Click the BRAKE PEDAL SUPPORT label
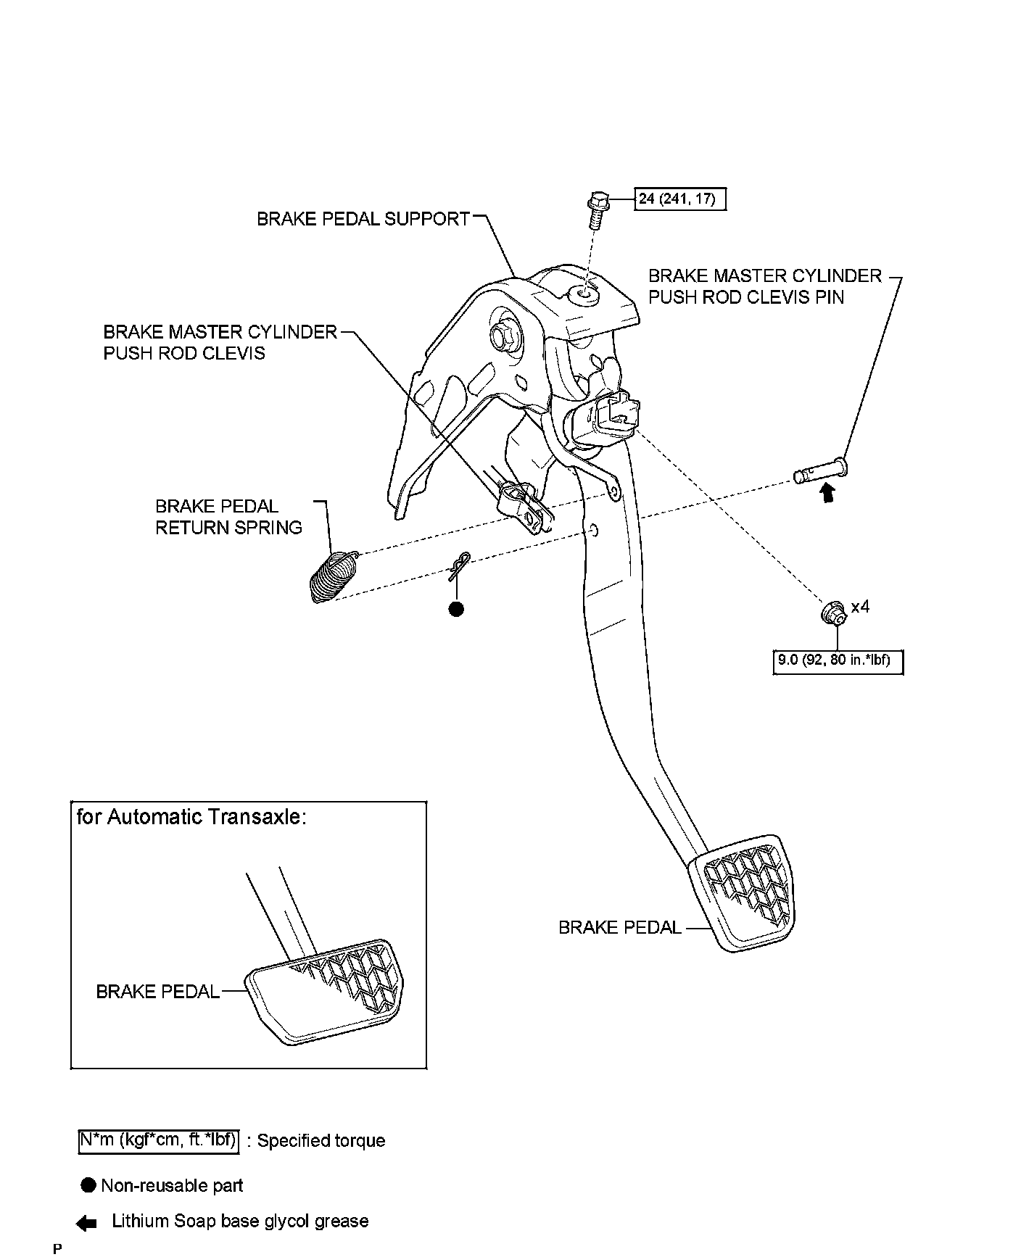(x=363, y=219)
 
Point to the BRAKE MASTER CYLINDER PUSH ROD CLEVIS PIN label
(x=764, y=286)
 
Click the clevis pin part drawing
(x=821, y=471)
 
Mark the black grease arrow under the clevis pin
(x=827, y=494)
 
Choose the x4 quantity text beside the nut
(x=860, y=607)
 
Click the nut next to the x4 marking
(x=833, y=613)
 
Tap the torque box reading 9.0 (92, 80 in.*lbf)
(x=838, y=661)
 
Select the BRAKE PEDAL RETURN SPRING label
(x=228, y=517)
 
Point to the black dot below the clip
(x=456, y=609)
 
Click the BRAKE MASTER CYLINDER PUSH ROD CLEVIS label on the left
(x=220, y=342)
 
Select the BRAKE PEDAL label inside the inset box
(x=157, y=992)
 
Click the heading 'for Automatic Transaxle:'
(x=191, y=818)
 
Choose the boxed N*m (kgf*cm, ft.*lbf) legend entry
(x=158, y=1141)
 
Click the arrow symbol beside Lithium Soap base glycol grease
(x=86, y=1223)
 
